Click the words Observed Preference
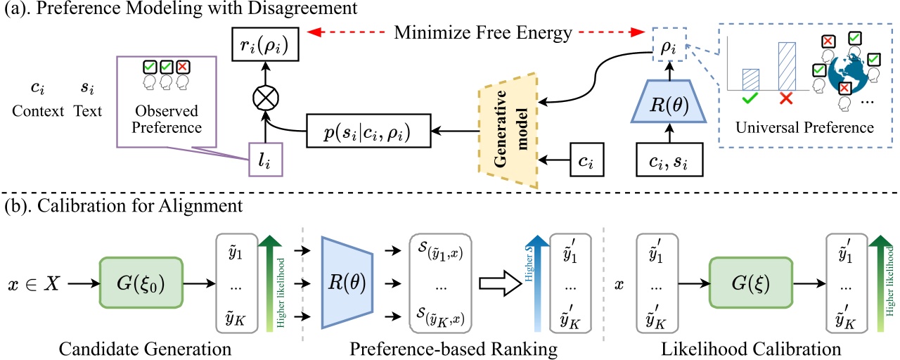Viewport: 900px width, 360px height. tap(167, 120)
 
